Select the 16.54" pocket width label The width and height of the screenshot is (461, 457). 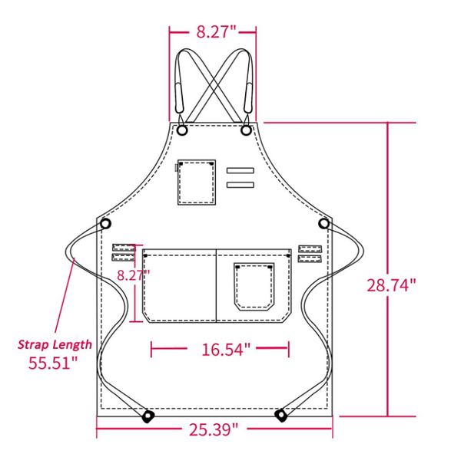pyautogui.click(x=226, y=350)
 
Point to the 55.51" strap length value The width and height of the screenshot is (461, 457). pyautogui.click(x=53, y=363)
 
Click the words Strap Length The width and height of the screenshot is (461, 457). pyautogui.click(x=55, y=344)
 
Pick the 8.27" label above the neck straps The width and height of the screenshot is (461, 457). pyautogui.click(x=214, y=31)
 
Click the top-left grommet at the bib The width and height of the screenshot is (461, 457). pyautogui.click(x=183, y=131)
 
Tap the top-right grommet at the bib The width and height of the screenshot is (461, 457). pyautogui.click(x=246, y=131)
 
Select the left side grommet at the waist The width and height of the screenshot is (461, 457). pyautogui.click(x=106, y=223)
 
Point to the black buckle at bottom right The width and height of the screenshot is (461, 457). pyautogui.click(x=281, y=416)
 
